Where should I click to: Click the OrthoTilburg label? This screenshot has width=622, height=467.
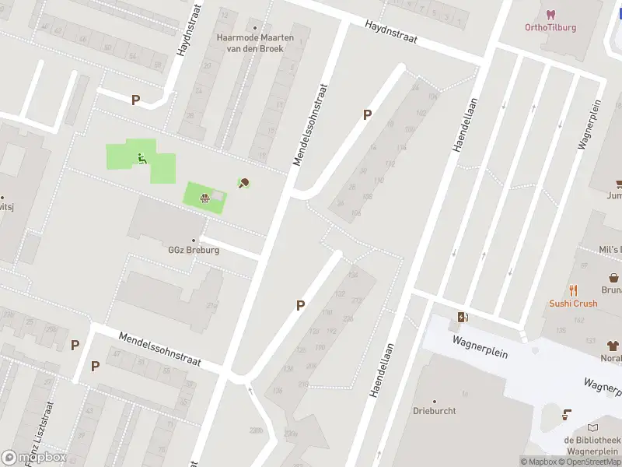(550, 27)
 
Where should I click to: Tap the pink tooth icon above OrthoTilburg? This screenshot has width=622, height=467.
(550, 14)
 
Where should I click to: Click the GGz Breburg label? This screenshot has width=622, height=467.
(194, 251)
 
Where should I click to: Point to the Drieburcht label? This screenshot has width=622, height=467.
(434, 410)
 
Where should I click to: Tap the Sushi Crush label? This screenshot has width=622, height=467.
(573, 304)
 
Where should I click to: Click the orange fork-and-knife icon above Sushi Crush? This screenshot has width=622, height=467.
(574, 290)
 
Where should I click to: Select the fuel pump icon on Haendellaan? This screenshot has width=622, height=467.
(463, 316)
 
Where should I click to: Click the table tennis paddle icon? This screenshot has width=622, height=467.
(243, 184)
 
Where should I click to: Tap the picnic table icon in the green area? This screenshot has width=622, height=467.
(204, 198)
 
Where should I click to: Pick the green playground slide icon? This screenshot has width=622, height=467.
(142, 159)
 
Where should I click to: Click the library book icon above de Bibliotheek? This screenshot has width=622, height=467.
(593, 427)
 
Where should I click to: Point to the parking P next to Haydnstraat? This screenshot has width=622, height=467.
(135, 100)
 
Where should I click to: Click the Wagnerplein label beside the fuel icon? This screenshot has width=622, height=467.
(482, 347)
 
